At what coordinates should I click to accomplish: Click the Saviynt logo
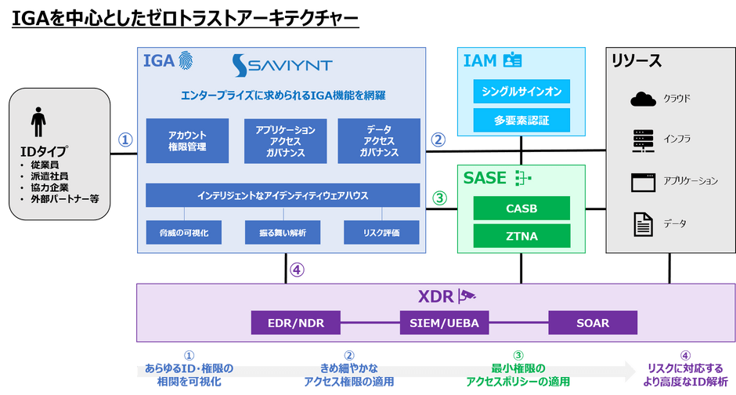(x=283, y=65)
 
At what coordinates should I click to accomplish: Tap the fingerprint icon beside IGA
(x=186, y=60)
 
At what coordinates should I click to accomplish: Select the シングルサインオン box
(x=521, y=91)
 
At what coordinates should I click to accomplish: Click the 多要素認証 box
(x=521, y=120)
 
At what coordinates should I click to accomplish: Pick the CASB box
(x=521, y=208)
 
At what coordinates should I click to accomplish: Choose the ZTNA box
(x=521, y=236)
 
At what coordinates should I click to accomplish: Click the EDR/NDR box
(x=296, y=323)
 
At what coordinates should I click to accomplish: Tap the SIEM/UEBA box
(x=444, y=323)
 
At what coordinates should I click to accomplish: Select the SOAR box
(x=593, y=323)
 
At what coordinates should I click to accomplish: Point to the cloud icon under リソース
(x=643, y=99)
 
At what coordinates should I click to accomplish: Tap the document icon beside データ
(x=643, y=224)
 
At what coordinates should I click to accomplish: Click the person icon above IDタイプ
(x=38, y=121)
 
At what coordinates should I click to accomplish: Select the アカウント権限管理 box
(x=187, y=141)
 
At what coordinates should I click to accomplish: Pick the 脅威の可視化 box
(x=183, y=233)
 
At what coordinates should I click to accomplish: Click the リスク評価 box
(x=381, y=233)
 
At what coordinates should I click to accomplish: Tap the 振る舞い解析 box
(x=283, y=233)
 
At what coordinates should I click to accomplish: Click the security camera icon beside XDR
(x=467, y=295)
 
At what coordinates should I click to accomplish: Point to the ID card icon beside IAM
(x=512, y=60)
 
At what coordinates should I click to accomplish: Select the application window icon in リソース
(x=643, y=183)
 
